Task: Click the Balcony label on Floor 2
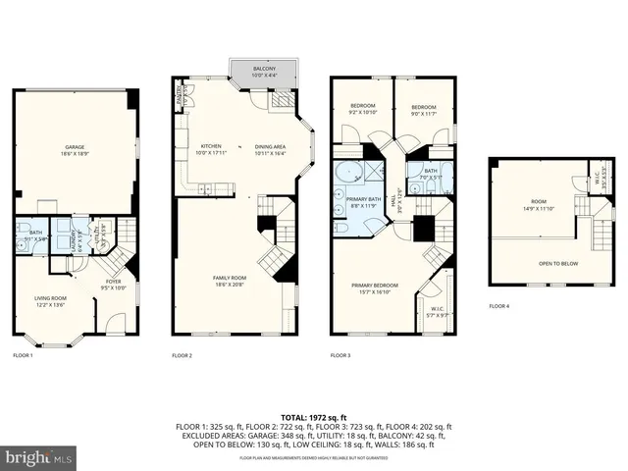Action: coord(263,72)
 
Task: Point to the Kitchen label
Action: coord(211,150)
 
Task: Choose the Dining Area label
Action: coord(271,150)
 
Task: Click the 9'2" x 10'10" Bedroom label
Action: coord(362,110)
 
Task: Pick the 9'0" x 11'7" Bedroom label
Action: coord(423,110)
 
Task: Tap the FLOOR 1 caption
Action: coord(23,354)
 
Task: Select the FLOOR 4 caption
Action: coord(499,305)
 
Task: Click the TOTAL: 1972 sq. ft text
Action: coord(313,417)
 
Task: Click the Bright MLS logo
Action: coord(39,458)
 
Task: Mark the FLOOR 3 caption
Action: coord(340,354)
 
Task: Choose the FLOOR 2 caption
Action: coord(182,354)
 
